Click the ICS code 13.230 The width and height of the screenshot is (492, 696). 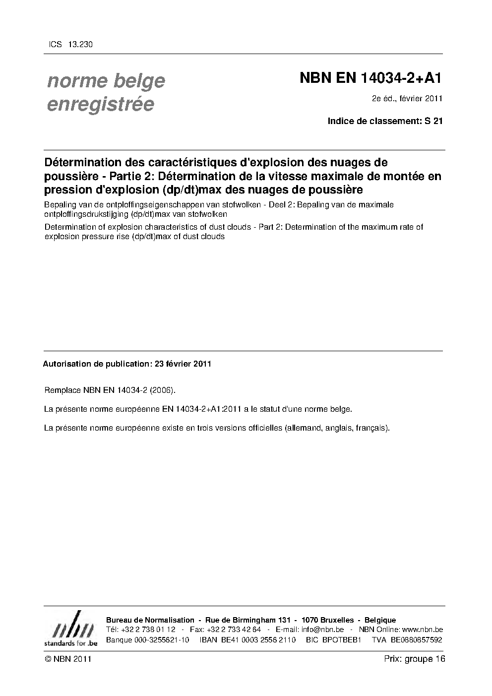click(79, 44)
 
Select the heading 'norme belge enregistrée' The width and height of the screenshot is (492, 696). click(106, 92)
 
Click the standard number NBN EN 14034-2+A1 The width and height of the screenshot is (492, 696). click(370, 78)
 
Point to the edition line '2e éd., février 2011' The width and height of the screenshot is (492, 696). click(407, 98)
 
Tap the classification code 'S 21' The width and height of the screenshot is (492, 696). click(433, 121)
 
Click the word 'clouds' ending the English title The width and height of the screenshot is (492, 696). click(212, 237)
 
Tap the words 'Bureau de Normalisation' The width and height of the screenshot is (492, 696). click(150, 620)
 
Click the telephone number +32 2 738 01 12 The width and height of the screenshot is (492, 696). click(148, 630)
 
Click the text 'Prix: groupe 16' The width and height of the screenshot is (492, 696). click(415, 659)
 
